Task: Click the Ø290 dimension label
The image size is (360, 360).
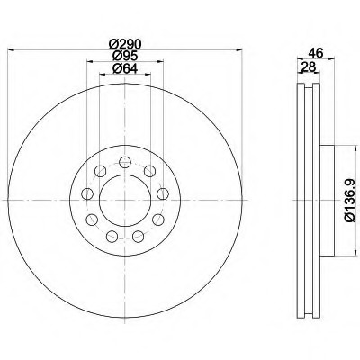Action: tap(124, 45)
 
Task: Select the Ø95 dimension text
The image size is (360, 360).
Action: tap(124, 57)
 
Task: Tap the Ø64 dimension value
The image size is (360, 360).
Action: tap(124, 68)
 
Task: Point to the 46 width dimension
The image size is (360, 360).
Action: tap(316, 53)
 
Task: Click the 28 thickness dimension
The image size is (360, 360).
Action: tap(308, 67)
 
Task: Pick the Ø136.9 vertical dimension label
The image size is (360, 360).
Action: tap(350, 200)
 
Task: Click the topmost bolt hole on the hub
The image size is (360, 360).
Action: tap(125, 162)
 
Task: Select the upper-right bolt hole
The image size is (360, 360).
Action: tap(149, 171)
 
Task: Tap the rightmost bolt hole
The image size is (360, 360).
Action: tap(163, 193)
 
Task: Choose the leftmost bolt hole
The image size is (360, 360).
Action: tap(87, 193)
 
